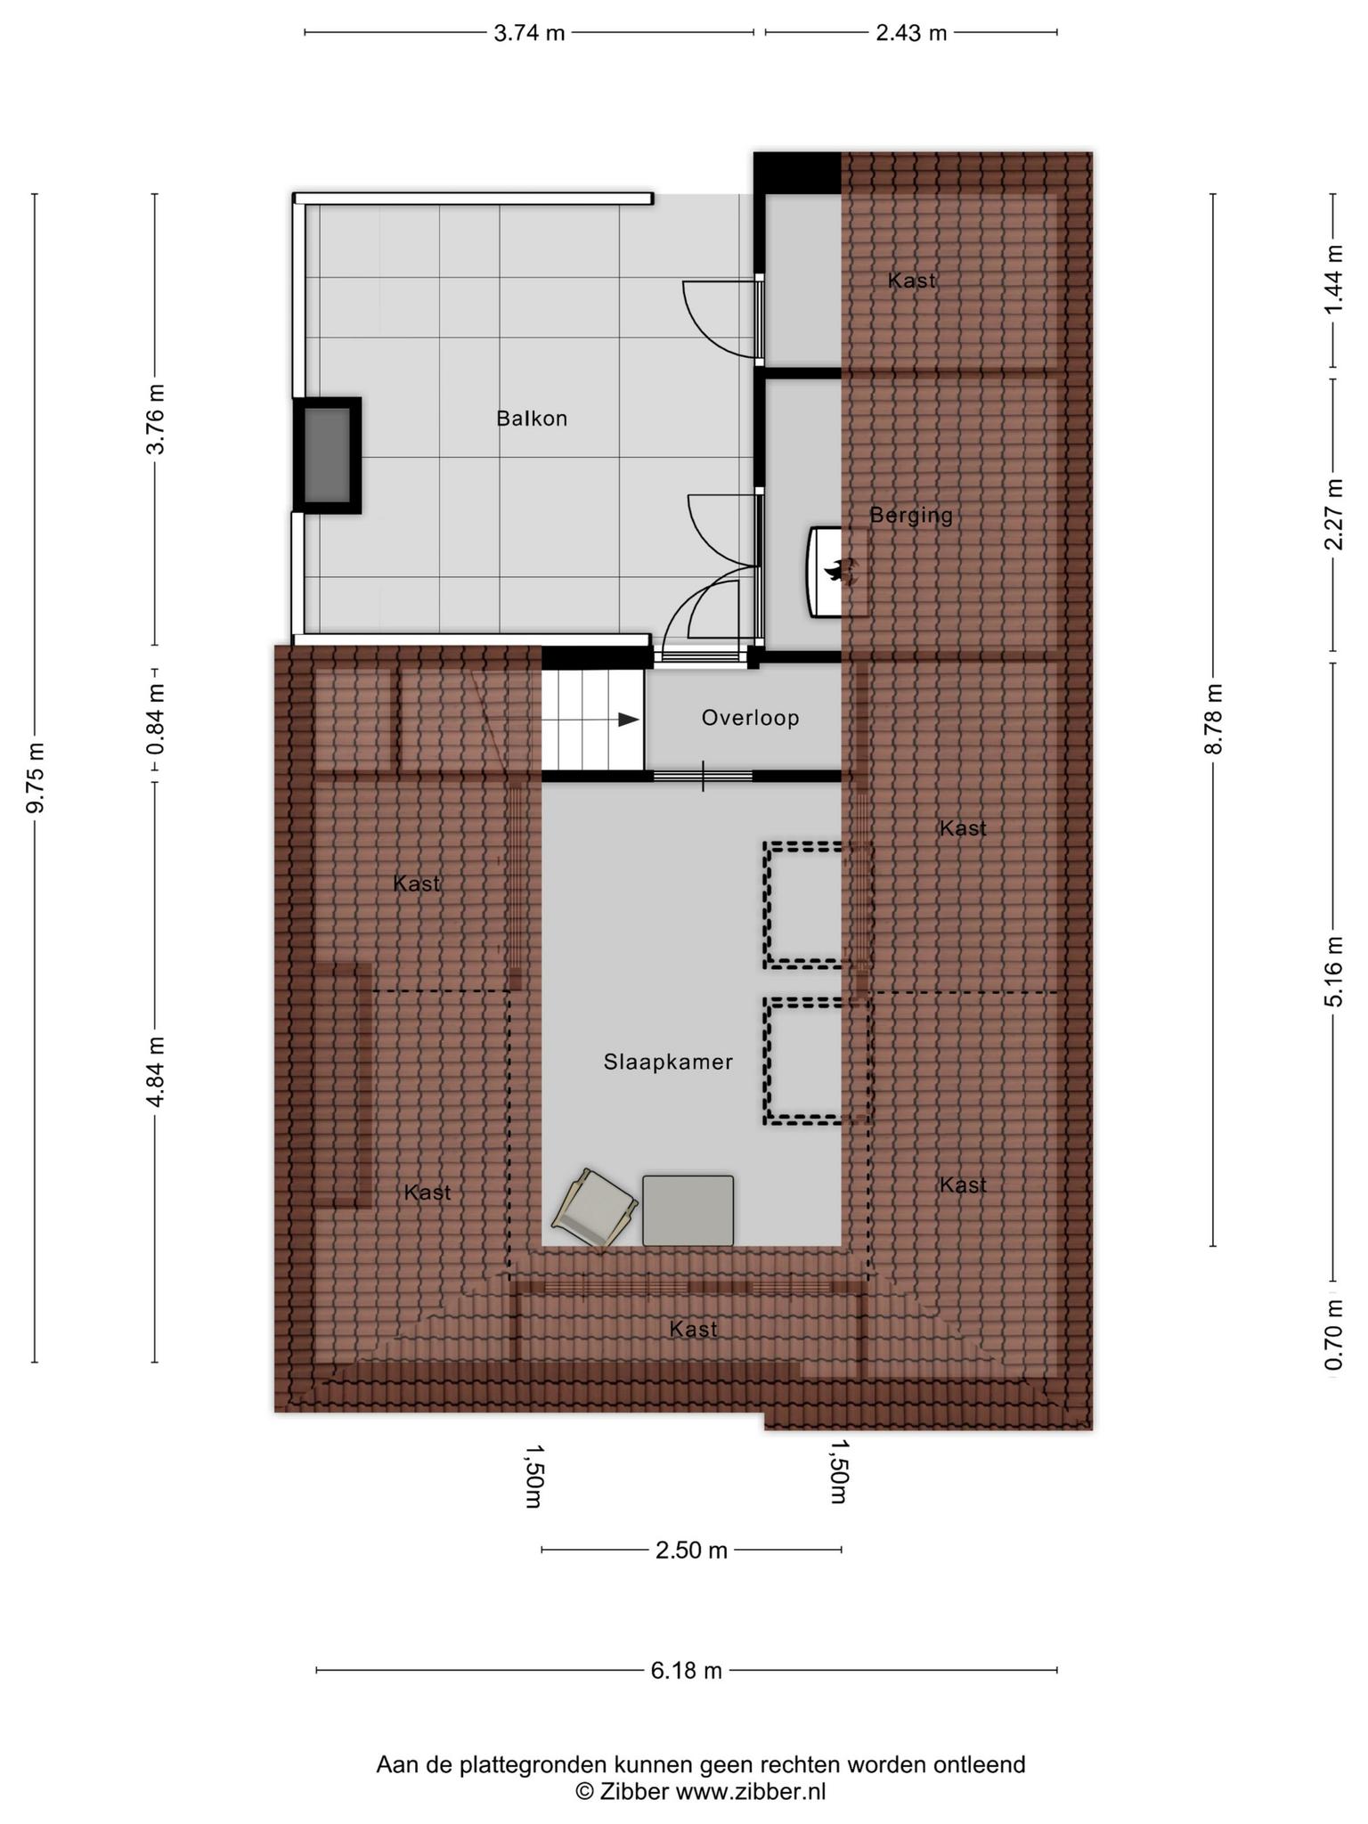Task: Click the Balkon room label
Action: click(532, 419)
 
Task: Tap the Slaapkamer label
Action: click(668, 1062)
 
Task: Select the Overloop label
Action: click(750, 718)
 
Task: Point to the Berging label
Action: click(911, 515)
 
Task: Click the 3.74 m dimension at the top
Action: click(529, 33)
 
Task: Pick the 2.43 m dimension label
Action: click(911, 33)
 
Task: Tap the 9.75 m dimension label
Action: click(36, 778)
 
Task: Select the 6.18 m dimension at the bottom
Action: click(686, 1671)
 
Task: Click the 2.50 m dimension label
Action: click(691, 1551)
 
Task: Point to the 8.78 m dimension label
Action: click(1213, 719)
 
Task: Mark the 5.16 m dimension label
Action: click(1333, 972)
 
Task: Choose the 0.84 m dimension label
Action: click(156, 718)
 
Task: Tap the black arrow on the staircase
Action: click(629, 720)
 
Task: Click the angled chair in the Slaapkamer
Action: click(595, 1208)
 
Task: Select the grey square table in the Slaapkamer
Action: click(688, 1210)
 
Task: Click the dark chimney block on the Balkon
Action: click(328, 455)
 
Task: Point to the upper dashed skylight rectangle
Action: click(817, 905)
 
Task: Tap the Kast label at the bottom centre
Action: click(693, 1329)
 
